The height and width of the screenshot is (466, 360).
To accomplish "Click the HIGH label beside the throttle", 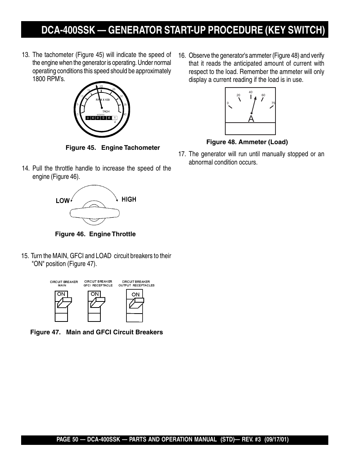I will [129, 199].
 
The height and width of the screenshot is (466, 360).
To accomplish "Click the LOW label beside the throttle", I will [63, 201].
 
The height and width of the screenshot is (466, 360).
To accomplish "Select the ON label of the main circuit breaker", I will [62, 294].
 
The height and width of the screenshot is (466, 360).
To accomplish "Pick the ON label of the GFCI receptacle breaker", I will [95, 294].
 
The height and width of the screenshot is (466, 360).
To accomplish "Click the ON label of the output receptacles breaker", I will [135, 294].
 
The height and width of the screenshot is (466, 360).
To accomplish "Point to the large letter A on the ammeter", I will [251, 119].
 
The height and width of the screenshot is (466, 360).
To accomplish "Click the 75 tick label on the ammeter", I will [273, 103].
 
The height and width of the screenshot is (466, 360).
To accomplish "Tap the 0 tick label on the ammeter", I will [228, 103].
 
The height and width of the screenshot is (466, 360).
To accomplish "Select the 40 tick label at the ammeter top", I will [251, 92].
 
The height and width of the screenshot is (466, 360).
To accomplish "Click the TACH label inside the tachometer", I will [106, 111].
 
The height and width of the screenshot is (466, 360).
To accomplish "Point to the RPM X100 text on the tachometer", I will [102, 100].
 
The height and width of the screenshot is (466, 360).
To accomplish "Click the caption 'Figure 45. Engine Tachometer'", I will [112, 148].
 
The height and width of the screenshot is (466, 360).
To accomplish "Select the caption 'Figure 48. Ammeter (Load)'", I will [247, 142].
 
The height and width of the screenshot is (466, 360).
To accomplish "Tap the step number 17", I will [182, 154].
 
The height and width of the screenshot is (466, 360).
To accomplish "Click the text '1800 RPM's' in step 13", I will [48, 79].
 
